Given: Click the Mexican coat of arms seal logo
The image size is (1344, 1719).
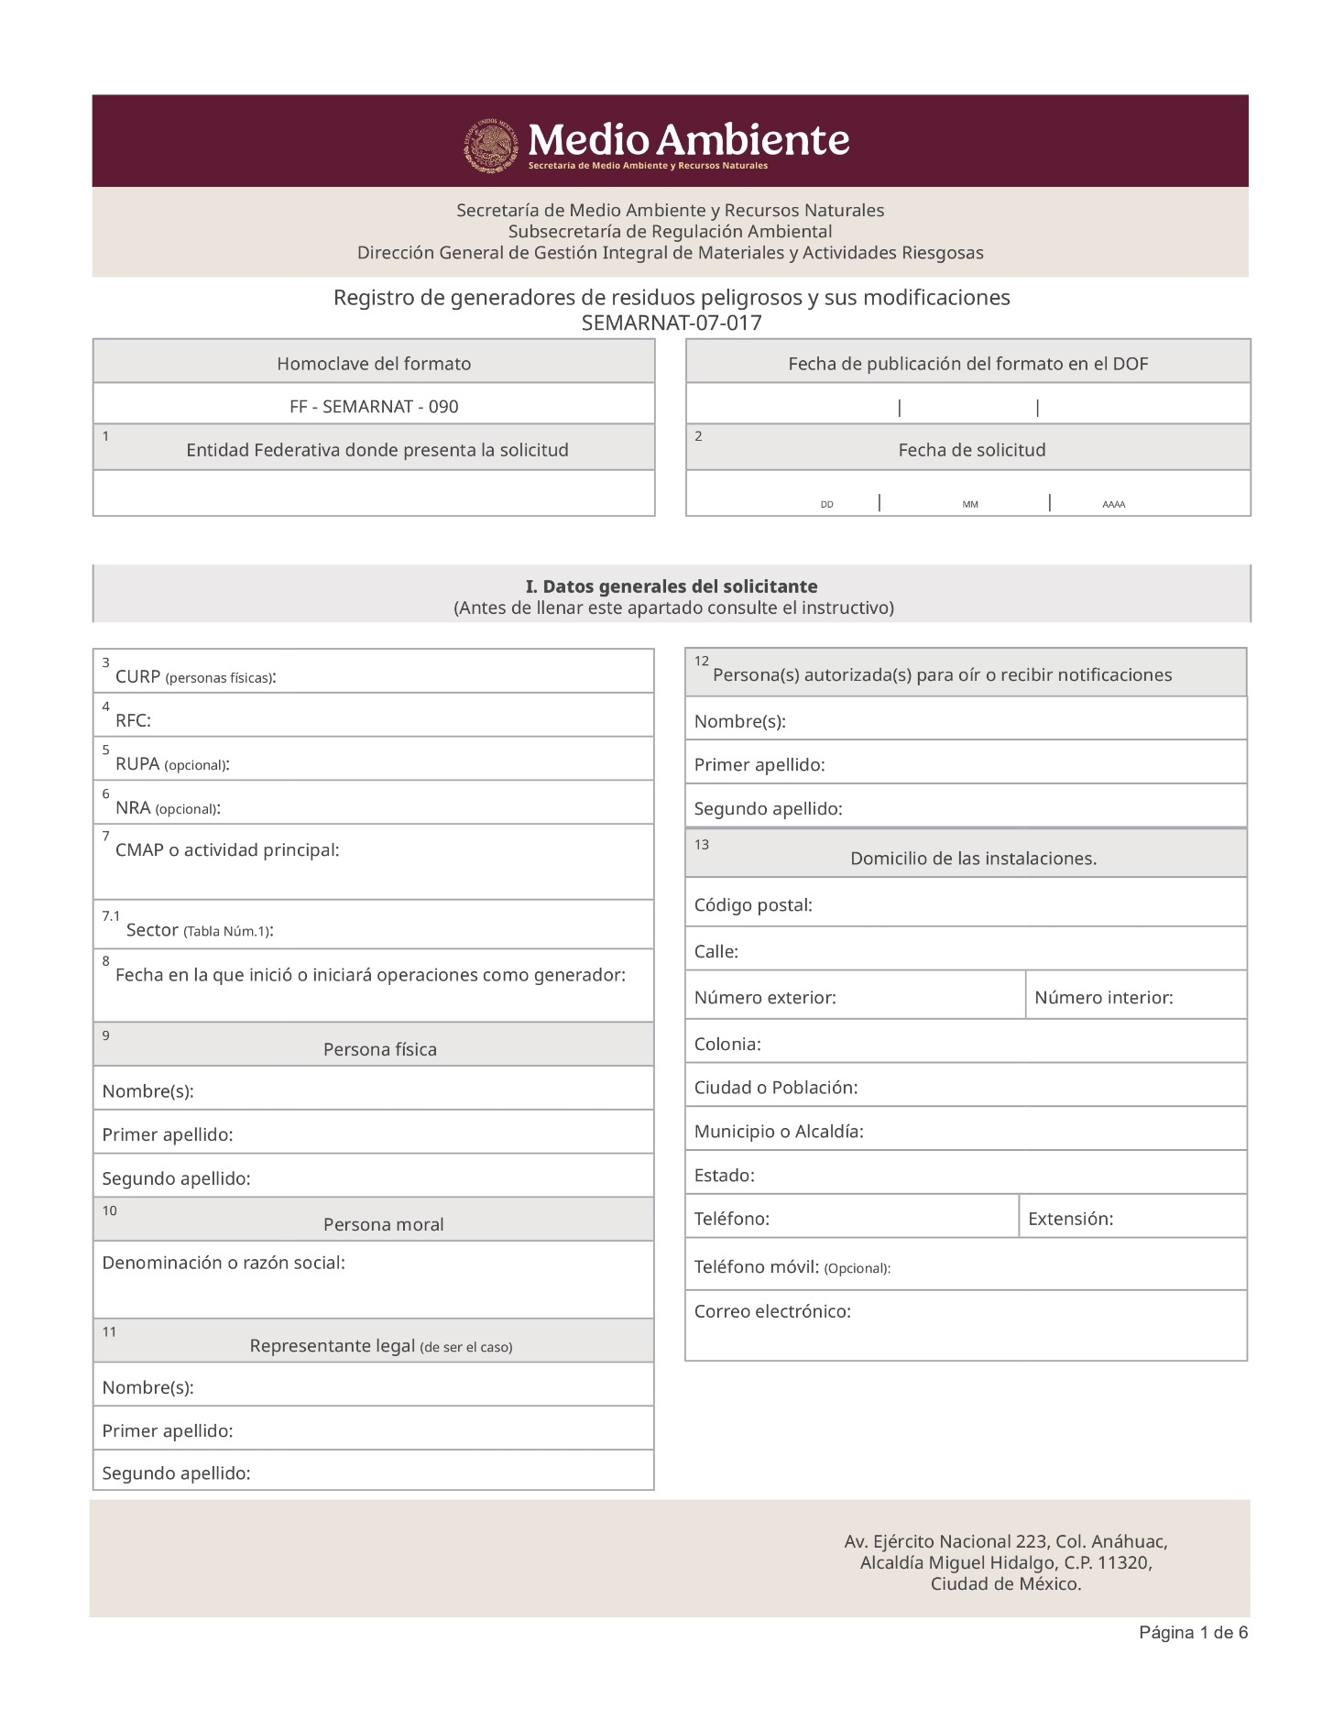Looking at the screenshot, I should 491,145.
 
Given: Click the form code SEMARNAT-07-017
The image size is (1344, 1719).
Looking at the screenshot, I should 672,323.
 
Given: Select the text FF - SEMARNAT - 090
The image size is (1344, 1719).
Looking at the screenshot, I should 374,407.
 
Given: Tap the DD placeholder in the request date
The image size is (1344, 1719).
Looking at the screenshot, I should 826,505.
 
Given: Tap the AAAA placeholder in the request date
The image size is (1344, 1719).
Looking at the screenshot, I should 1113,505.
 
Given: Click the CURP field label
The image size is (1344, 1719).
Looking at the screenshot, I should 195,677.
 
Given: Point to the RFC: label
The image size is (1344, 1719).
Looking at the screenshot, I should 133,721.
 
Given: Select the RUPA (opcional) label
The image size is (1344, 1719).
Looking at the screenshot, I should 171,764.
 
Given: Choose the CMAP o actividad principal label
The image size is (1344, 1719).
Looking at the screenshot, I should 227,850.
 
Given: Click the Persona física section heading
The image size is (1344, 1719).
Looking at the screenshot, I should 379,1050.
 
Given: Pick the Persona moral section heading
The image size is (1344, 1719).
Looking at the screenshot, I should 383,1225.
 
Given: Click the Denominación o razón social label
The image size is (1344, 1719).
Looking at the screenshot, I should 224,1264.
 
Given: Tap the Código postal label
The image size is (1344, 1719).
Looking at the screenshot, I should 753,905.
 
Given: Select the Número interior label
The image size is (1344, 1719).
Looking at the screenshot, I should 1103,998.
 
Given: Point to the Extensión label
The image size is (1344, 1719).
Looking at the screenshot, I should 1070,1220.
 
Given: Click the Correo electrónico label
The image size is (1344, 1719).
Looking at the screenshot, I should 772,1312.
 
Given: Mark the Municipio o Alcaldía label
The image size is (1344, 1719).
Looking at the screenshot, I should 779,1132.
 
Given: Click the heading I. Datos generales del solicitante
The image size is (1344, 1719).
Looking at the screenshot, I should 672,586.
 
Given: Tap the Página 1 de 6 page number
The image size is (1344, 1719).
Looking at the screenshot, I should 1193,1633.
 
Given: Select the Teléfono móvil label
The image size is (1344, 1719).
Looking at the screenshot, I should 792,1267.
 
